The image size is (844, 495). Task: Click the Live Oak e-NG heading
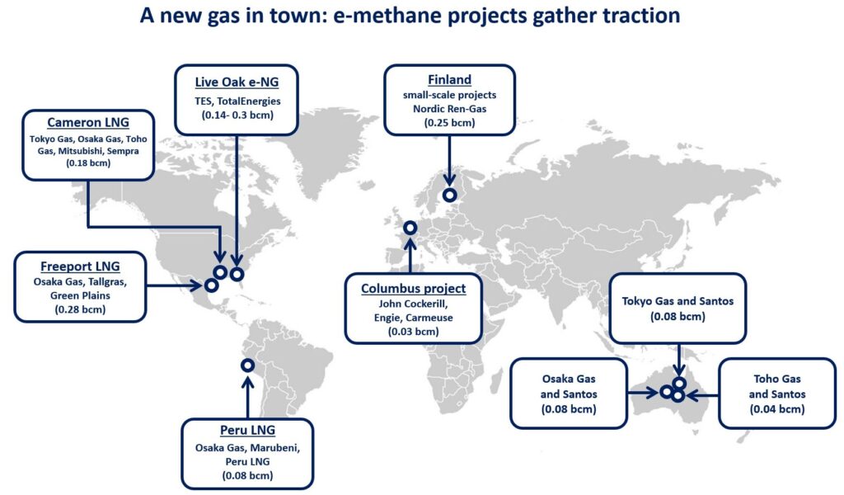coord(237,82)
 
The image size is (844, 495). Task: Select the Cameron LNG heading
coord(88,122)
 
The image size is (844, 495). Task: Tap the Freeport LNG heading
coord(81,266)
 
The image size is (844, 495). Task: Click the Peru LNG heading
coord(247,431)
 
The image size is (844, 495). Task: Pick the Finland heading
coord(449,80)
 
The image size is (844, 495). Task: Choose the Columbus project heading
coord(413,288)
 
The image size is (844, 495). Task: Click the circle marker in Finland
coord(449,195)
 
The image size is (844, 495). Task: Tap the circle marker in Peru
coord(247,365)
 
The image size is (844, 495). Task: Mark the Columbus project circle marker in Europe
coord(410,229)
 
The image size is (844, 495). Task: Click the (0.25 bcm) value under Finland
coord(449,122)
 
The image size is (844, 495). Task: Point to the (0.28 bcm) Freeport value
coord(81,309)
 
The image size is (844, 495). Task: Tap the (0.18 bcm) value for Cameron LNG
coord(88,163)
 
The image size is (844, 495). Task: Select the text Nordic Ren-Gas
coord(449,108)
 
